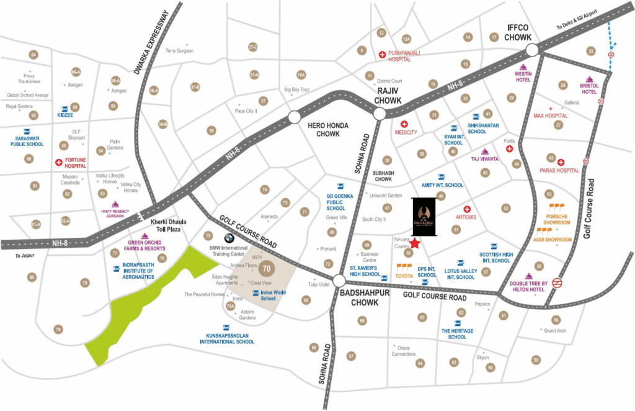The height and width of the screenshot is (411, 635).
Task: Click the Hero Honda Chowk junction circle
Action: point(294,117)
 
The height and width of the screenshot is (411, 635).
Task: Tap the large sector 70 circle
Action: point(267,269)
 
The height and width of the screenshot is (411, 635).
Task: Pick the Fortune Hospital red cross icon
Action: point(60,163)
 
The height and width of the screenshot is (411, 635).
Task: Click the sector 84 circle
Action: point(33,55)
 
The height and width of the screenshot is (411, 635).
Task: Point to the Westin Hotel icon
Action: point(523,67)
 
